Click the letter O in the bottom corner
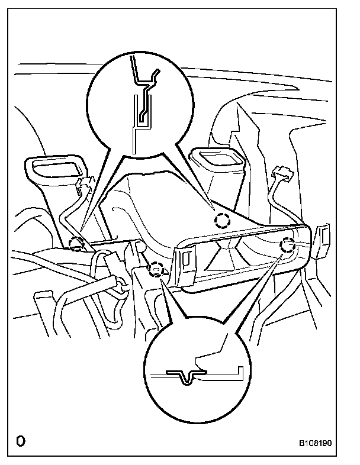coord(21,441)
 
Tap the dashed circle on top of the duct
coord(221,221)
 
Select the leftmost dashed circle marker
coord(76,243)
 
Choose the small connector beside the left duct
coord(83,185)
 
